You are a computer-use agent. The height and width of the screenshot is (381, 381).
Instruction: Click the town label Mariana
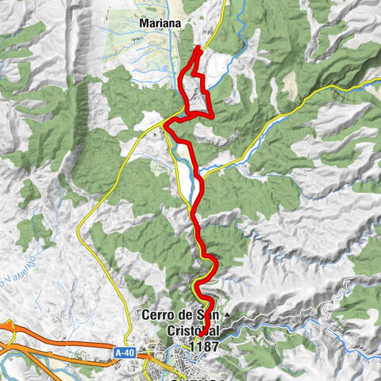click(160, 24)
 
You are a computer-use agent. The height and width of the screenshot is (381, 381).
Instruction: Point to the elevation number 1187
click(204, 346)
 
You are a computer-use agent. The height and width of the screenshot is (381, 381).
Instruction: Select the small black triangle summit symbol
click(226, 316)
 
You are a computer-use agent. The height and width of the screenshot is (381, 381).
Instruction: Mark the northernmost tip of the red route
click(198, 48)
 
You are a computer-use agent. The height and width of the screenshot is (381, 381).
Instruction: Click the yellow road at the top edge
click(224, 4)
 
